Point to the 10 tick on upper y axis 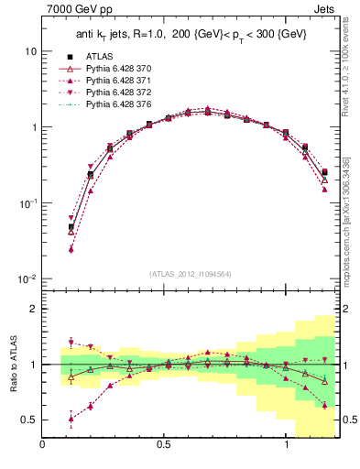[29, 51]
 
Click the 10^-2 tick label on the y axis [27, 278]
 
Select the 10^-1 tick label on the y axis [27, 203]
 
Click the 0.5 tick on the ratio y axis [28, 420]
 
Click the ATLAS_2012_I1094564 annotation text [191, 273]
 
